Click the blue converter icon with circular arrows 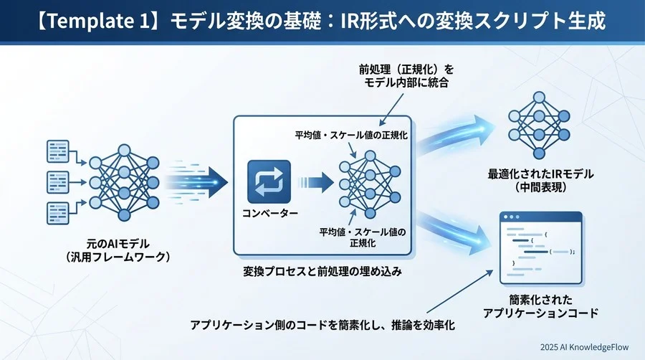pyautogui.click(x=269, y=181)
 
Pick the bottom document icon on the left pyautogui.click(x=57, y=212)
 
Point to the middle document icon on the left pyautogui.click(x=57, y=181)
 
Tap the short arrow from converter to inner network pyautogui.click(x=315, y=181)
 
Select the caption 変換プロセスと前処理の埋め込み pyautogui.click(x=322, y=273)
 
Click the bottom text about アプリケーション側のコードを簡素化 pyautogui.click(x=322, y=325)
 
